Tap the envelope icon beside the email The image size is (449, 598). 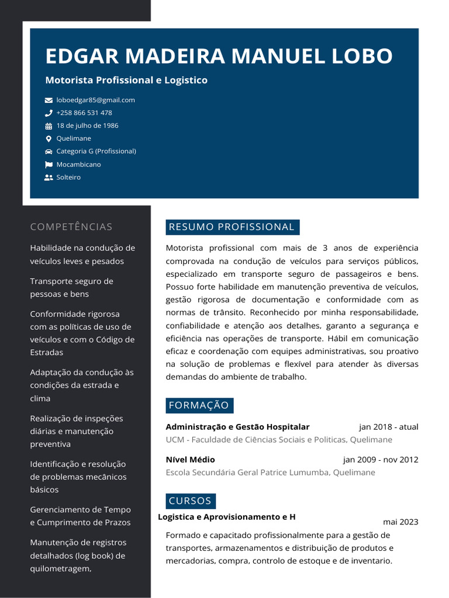[x=49, y=100]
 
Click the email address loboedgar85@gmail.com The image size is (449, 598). [x=95, y=100]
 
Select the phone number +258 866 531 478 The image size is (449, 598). [x=84, y=113]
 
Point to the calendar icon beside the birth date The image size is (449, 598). [x=49, y=126]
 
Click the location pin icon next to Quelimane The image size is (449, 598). [x=49, y=139]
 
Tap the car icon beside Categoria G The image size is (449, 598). [x=49, y=152]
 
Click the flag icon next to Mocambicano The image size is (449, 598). [x=49, y=165]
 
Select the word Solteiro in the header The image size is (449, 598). [x=68, y=177]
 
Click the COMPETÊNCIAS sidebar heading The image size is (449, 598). [x=71, y=227]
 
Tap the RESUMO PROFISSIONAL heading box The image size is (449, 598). [x=232, y=227]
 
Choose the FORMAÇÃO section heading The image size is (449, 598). [x=199, y=405]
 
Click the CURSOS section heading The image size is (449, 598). [x=190, y=501]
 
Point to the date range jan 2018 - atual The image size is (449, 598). [x=389, y=427]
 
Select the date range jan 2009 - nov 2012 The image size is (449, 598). [x=381, y=460]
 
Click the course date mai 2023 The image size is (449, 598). [x=400, y=522]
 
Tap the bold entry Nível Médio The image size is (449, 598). [x=190, y=460]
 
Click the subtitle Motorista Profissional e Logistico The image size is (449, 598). [x=126, y=80]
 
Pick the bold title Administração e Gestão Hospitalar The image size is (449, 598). [x=237, y=427]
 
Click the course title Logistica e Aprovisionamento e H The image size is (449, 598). [x=227, y=517]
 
